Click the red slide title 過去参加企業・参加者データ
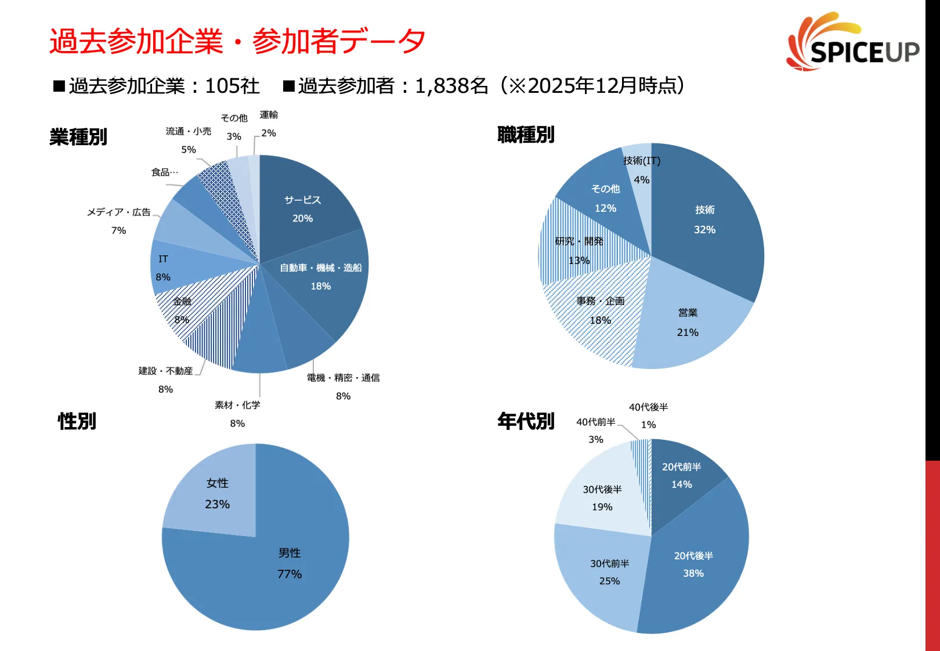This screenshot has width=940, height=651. tap(237, 42)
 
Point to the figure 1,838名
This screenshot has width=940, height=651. tap(451, 86)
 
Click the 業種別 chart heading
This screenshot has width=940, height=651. tap(78, 138)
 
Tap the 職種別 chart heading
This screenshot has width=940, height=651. tap(526, 135)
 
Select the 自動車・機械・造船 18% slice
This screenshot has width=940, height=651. tap(320, 276)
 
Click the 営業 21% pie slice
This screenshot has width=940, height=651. tap(688, 322)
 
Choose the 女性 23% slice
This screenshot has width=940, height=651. tap(217, 493)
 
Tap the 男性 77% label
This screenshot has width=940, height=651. tap(289, 563)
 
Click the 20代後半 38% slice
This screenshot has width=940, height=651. tap(693, 564)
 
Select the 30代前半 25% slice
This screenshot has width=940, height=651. tap(609, 572)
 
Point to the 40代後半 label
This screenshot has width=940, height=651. tap(648, 407)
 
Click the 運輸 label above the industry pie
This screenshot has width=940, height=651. tap(269, 115)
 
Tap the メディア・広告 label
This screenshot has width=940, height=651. tap(118, 212)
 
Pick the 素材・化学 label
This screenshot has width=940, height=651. tap(237, 405)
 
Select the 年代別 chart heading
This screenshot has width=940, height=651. tap(526, 421)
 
